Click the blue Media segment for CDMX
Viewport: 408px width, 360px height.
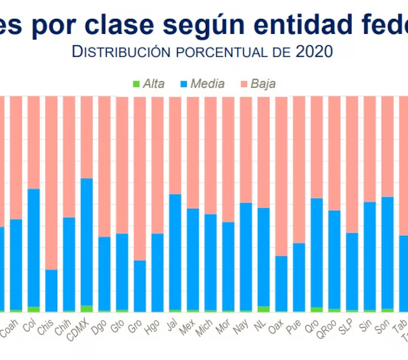[x=86, y=241]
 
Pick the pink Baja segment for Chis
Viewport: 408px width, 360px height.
[x=51, y=182]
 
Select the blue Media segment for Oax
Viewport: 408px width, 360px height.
[x=281, y=283]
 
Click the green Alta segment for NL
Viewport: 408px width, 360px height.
[x=264, y=309]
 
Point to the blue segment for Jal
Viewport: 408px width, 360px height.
[x=174, y=251]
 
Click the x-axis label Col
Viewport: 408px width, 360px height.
[x=29, y=325]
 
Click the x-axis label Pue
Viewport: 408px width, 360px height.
[x=294, y=326]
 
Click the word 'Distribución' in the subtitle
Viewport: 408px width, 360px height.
[x=121, y=51]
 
